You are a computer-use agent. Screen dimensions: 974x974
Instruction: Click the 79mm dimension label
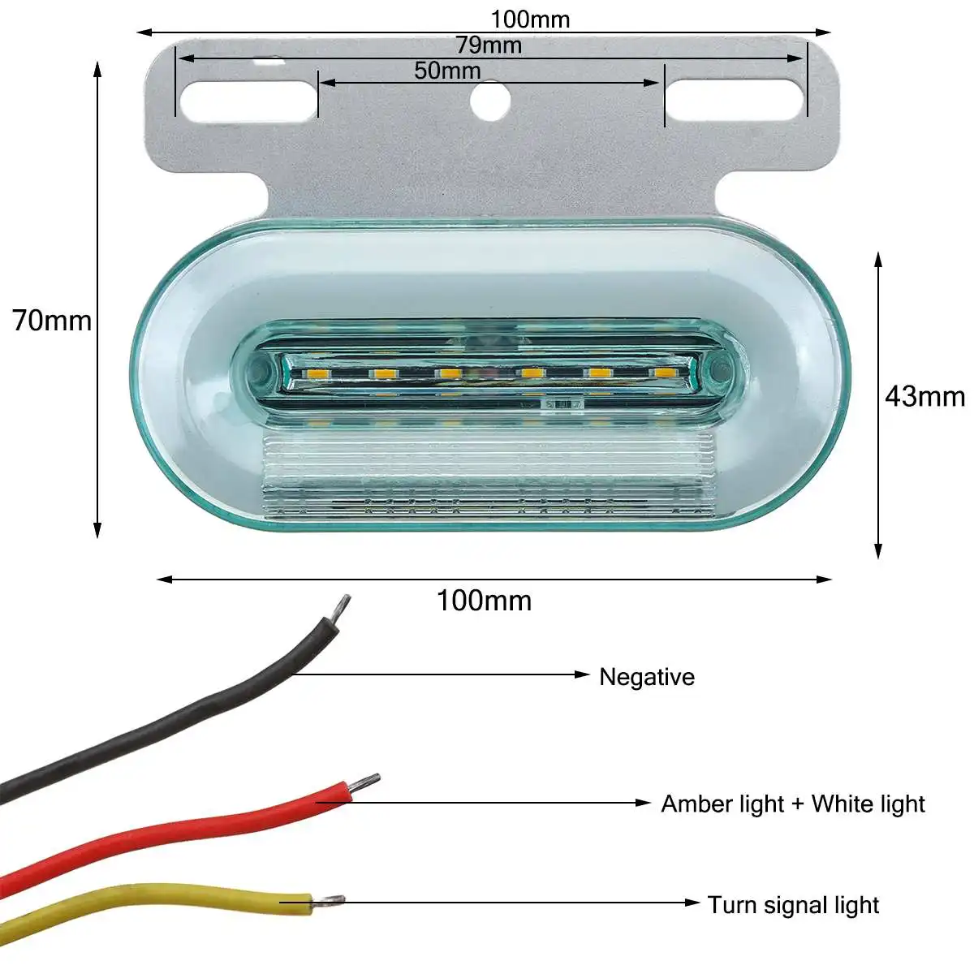[488, 45]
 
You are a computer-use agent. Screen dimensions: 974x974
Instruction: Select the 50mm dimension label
[447, 71]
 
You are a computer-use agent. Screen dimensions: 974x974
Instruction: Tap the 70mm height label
[52, 321]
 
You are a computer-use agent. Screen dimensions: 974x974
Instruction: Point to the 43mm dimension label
[924, 396]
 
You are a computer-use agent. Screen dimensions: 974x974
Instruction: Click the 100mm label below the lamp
[484, 601]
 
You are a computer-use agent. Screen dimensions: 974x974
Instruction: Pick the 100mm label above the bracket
[530, 19]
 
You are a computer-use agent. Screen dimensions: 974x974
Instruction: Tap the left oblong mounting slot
[248, 99]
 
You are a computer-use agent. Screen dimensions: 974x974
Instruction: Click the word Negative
[646, 677]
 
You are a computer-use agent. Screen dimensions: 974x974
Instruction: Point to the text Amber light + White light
[792, 804]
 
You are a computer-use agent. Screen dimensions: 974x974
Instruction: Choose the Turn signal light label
[793, 905]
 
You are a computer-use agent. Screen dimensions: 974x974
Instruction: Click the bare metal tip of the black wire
[343, 606]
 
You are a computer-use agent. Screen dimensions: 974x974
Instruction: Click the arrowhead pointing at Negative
[581, 674]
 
